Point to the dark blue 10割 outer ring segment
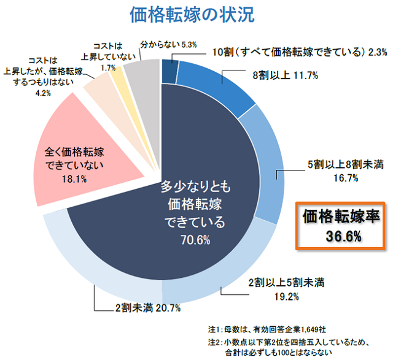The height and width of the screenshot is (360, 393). coord(169,69)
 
